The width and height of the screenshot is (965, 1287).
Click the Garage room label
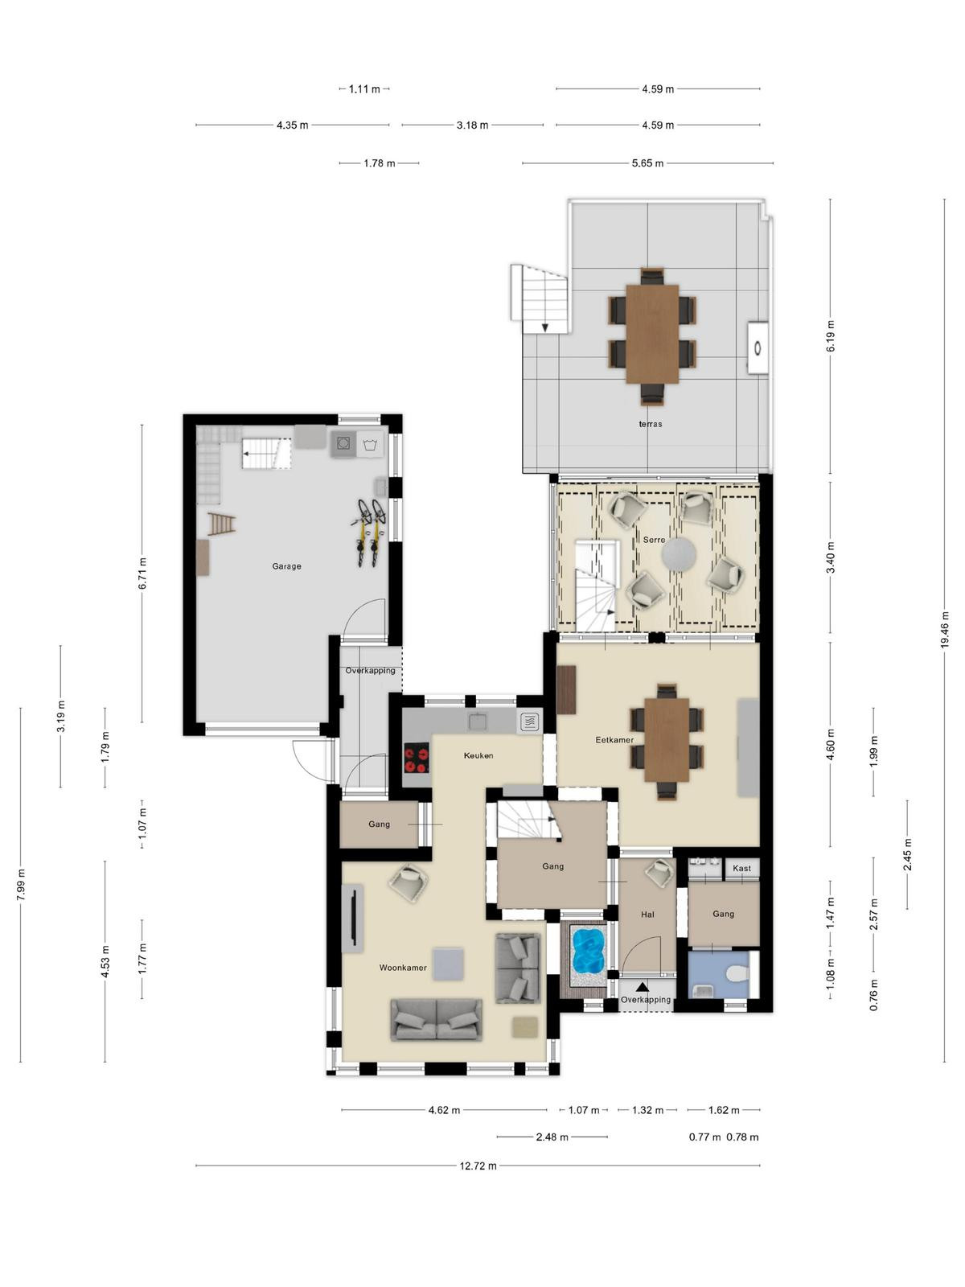[x=286, y=566]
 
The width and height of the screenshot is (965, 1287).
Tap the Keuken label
[x=478, y=755]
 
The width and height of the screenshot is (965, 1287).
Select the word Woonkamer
[x=403, y=968]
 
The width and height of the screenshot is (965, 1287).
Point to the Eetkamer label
[x=614, y=740]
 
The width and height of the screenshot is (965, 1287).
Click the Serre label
[x=654, y=540]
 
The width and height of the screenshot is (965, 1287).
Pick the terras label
[x=651, y=423]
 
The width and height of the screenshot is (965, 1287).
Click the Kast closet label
[x=741, y=868]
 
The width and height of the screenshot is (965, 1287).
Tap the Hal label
[x=647, y=914]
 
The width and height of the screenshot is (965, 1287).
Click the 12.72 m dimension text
[x=478, y=1166]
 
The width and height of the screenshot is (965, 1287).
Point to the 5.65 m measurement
[x=647, y=163]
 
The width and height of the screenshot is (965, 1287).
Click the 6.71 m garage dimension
[x=142, y=574]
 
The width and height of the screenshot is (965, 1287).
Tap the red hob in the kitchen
[x=417, y=759]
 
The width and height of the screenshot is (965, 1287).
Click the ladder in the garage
[x=221, y=524]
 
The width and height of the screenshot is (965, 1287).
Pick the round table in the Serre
[x=679, y=555]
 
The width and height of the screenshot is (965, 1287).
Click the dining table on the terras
[x=652, y=334]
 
